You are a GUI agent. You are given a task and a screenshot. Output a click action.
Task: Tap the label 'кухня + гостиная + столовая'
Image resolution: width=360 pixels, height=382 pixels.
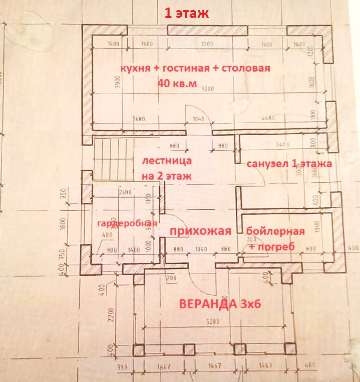(x=196, y=68)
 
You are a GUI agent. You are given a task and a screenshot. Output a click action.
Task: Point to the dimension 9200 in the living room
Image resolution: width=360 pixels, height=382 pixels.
(x=207, y=88)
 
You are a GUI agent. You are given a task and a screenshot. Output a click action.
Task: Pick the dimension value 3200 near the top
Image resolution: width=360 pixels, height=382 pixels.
(x=207, y=44)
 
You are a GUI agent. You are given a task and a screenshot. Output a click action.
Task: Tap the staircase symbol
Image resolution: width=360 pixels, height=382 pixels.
(x=114, y=158)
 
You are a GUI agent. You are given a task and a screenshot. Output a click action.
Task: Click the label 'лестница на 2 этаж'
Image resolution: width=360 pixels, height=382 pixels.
(x=166, y=168)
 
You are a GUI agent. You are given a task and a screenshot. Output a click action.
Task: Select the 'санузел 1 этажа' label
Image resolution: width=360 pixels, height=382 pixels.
(x=289, y=164)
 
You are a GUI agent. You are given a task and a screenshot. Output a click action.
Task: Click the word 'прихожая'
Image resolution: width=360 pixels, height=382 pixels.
(x=201, y=231)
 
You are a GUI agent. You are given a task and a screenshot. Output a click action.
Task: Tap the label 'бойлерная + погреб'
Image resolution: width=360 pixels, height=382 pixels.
(x=275, y=239)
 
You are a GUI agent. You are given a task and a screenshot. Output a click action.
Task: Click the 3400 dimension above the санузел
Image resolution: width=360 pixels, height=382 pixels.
(x=282, y=144)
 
